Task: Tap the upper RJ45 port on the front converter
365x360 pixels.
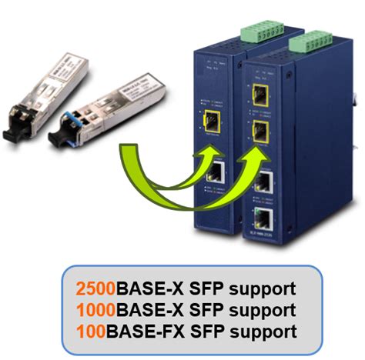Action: click(x=264, y=182)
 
